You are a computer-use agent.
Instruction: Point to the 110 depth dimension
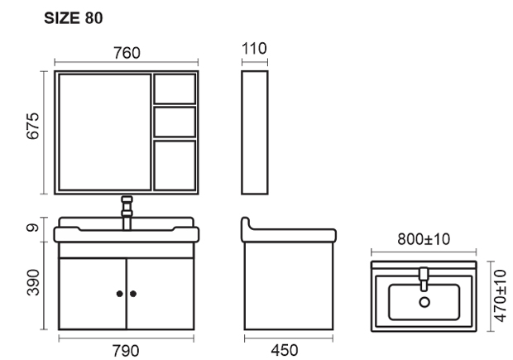click(x=254, y=49)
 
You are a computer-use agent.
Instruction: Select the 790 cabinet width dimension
click(x=126, y=350)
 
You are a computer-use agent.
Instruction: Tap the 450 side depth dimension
click(x=288, y=350)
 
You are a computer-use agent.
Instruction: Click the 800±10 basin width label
click(x=422, y=241)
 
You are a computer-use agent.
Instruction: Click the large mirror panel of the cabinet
click(x=104, y=133)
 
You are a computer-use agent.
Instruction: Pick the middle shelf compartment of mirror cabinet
click(x=175, y=122)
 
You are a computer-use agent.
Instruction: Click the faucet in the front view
click(x=127, y=211)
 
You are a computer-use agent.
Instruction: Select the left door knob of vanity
click(x=120, y=294)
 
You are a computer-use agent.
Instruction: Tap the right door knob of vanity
click(x=132, y=294)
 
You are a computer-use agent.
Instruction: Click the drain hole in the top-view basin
click(x=424, y=302)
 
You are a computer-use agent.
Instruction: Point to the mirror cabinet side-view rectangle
click(x=255, y=133)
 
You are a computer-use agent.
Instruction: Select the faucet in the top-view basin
click(x=424, y=276)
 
